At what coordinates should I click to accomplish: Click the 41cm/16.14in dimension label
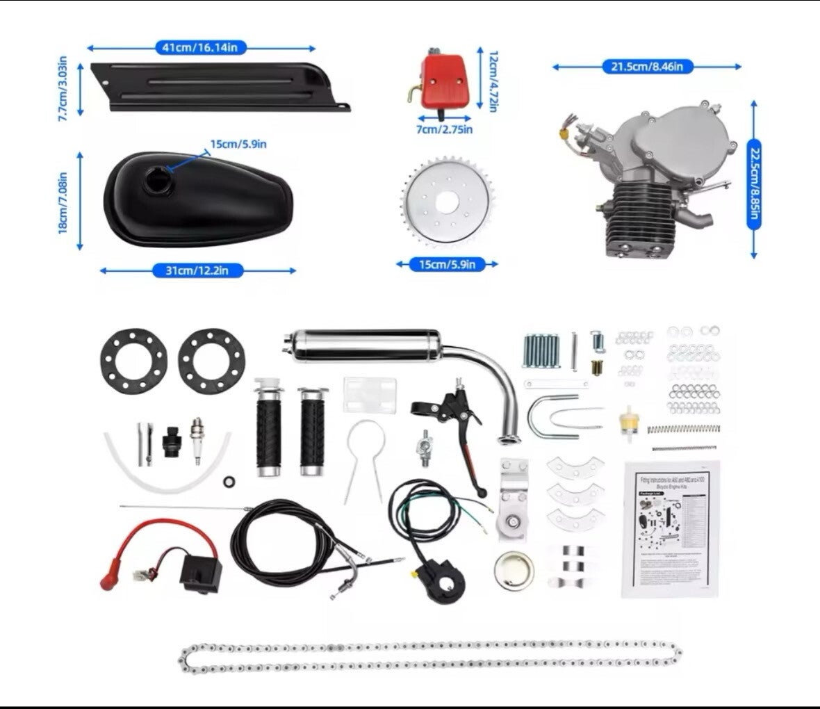pos(200,48)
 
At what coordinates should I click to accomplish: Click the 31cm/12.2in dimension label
pos(197,270)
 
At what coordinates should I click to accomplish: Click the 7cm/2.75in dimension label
pos(445,129)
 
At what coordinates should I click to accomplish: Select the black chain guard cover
pos(215,87)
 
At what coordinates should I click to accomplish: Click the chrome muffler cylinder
pos(361,345)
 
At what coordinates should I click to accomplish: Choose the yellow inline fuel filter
pos(628,419)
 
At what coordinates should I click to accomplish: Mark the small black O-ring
pos(228,482)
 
